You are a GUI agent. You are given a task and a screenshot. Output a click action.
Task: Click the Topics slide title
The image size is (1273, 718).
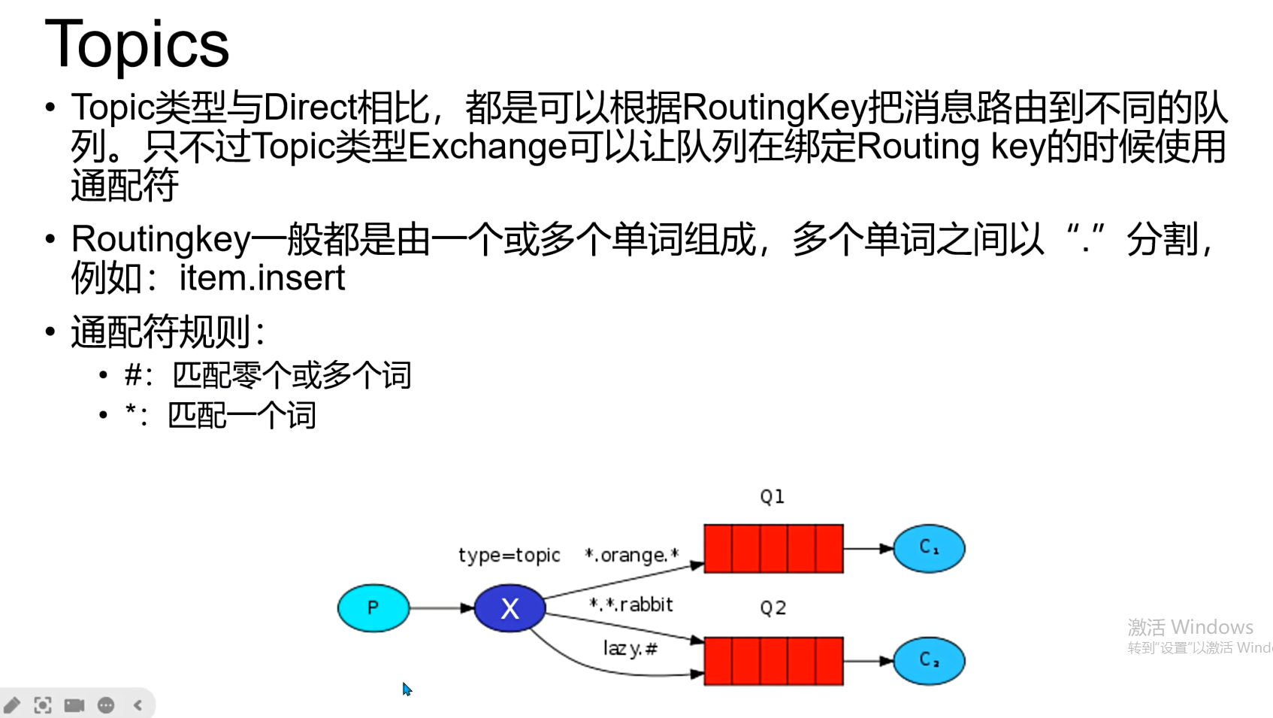pyautogui.click(x=137, y=44)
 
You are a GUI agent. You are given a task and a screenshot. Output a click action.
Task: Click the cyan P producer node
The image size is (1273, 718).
pyautogui.click(x=373, y=607)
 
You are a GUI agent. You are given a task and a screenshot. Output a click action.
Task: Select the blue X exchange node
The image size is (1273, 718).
pyautogui.click(x=510, y=607)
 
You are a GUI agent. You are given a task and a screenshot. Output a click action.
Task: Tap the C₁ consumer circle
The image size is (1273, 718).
pyautogui.click(x=929, y=548)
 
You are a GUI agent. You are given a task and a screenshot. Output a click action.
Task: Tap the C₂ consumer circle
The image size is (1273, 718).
pyautogui.click(x=929, y=661)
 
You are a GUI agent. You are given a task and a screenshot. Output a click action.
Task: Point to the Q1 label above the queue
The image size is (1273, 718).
pyautogui.click(x=772, y=497)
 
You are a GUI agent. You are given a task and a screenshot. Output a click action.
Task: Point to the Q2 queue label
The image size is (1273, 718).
pyautogui.click(x=773, y=608)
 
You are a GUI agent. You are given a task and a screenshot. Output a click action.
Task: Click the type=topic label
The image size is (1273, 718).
pyautogui.click(x=509, y=555)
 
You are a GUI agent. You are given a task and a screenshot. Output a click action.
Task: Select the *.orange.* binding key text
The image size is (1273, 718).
pyautogui.click(x=631, y=555)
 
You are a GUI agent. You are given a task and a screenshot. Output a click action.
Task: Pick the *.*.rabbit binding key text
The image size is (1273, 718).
pyautogui.click(x=630, y=604)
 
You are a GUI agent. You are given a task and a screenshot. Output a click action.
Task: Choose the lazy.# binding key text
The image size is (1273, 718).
pyautogui.click(x=630, y=648)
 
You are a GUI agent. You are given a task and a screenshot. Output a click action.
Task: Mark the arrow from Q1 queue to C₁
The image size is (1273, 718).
pyautogui.click(x=868, y=548)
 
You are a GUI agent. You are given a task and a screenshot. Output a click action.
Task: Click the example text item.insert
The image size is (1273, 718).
pyautogui.click(x=262, y=278)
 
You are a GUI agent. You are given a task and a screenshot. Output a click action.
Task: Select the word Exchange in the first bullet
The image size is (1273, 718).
pyautogui.click(x=487, y=146)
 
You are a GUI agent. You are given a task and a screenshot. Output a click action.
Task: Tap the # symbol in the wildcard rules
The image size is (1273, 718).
pyautogui.click(x=133, y=374)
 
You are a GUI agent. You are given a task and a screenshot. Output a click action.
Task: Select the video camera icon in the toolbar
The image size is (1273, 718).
pyautogui.click(x=74, y=705)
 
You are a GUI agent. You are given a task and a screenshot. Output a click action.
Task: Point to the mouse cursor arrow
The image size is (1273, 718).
pyautogui.click(x=407, y=689)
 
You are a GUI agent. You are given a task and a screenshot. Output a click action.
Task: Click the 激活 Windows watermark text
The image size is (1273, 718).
pyautogui.click(x=1190, y=627)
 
